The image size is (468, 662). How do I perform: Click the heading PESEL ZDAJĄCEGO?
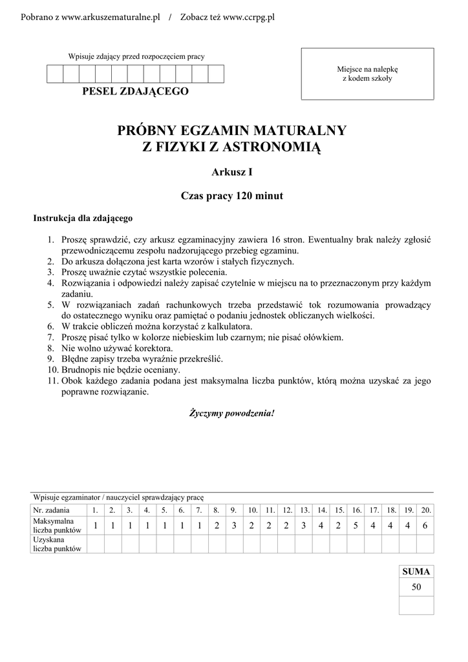(x=136, y=91)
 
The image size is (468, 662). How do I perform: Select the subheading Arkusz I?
(x=232, y=172)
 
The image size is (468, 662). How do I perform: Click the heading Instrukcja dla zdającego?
(x=83, y=218)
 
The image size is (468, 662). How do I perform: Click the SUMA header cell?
(x=416, y=571)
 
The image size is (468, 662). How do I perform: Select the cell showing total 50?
(x=416, y=588)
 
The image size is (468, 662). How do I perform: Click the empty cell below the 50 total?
(x=416, y=605)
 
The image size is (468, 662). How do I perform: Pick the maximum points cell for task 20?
(x=425, y=526)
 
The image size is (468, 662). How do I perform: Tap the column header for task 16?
(x=356, y=510)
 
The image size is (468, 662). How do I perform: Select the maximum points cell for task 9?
(x=233, y=526)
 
